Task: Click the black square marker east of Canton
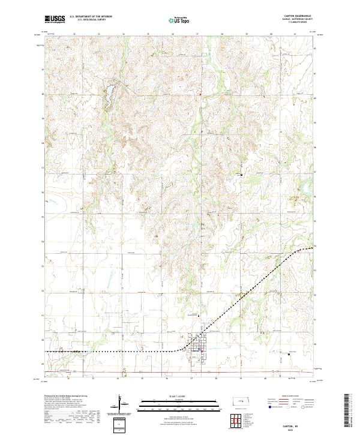coord(289,353)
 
